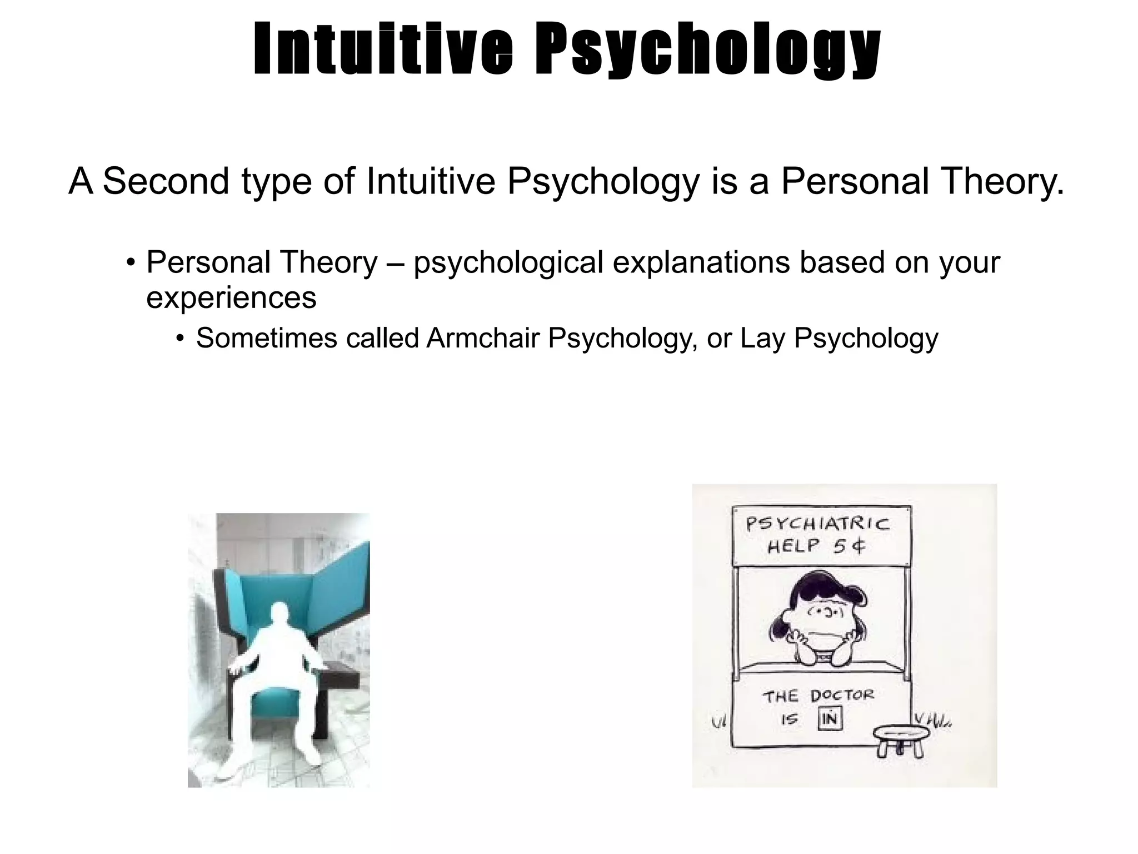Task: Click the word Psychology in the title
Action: [707, 50]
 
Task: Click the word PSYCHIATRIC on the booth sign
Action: [817, 524]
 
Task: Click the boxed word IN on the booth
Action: [830, 719]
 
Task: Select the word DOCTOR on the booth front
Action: [842, 696]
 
